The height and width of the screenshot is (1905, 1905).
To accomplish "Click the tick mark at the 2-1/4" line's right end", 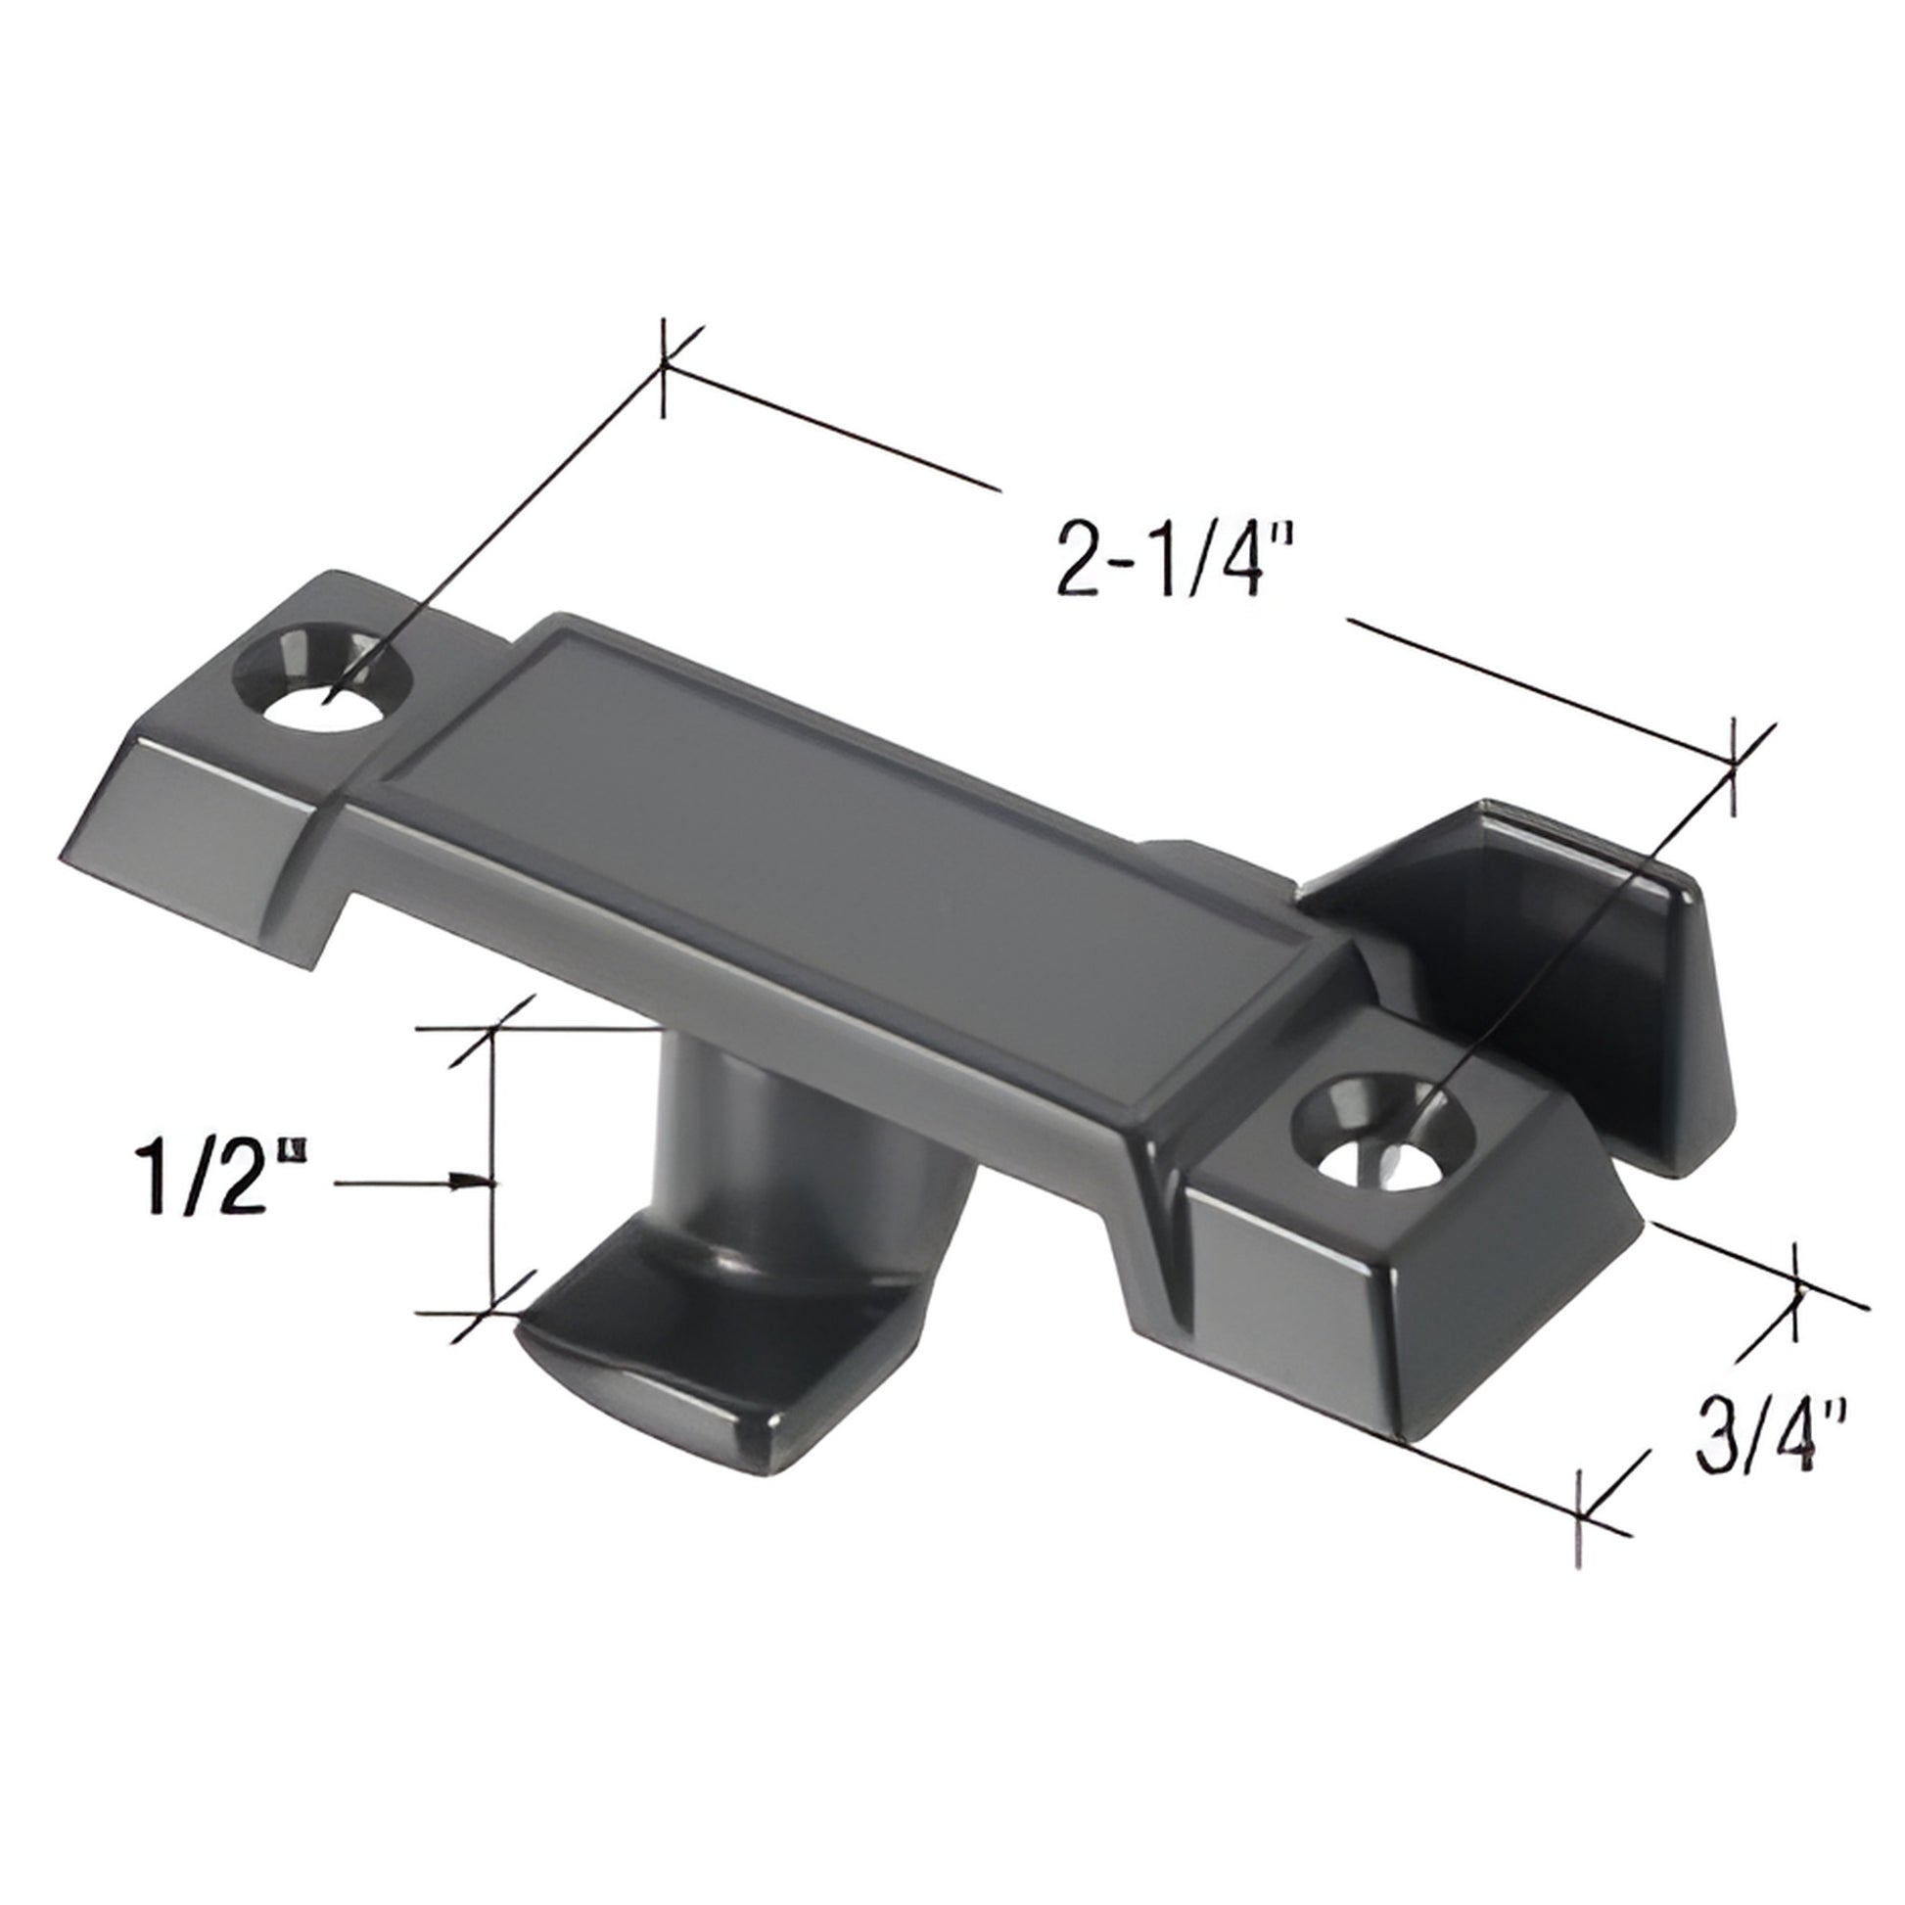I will [1734, 767].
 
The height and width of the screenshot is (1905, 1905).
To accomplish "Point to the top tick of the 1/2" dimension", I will [491, 1029].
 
